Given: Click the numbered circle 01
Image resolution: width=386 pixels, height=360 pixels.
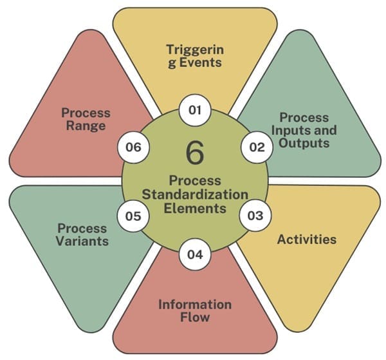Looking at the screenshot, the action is (x=195, y=110).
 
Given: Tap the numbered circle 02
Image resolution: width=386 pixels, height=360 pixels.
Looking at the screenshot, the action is (x=257, y=147).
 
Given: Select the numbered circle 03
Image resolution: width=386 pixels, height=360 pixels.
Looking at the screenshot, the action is (x=255, y=215).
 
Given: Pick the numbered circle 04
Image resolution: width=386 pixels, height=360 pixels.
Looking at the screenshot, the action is (x=195, y=254).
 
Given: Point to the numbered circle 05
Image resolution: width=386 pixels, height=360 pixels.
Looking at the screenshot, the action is (x=133, y=216).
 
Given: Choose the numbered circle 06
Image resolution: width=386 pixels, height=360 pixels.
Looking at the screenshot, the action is (x=133, y=147).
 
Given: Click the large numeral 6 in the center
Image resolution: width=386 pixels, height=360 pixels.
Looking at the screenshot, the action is (x=195, y=153).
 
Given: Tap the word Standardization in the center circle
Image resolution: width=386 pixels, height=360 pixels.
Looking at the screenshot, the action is (x=195, y=194).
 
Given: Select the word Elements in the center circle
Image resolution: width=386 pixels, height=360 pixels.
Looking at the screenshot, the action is (x=195, y=208).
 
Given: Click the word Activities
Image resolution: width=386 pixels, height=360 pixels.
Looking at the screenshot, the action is (x=307, y=240).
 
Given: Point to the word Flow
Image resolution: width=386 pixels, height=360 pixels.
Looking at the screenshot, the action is (x=195, y=317).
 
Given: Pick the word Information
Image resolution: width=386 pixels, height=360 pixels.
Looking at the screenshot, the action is (x=195, y=305).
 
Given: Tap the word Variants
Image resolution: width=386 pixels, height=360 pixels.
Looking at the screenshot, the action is (x=82, y=241).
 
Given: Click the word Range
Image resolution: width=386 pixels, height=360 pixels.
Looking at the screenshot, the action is (x=86, y=126).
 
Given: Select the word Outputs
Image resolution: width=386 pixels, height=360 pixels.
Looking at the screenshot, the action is (x=304, y=143).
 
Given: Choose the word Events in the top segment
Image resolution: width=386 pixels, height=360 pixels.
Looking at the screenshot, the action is (x=200, y=62).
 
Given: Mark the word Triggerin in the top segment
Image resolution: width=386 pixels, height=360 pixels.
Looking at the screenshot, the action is (x=195, y=50).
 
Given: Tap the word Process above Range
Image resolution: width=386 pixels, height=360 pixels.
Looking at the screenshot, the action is (x=86, y=113).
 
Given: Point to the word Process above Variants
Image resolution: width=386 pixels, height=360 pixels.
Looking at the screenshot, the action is (x=82, y=228).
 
